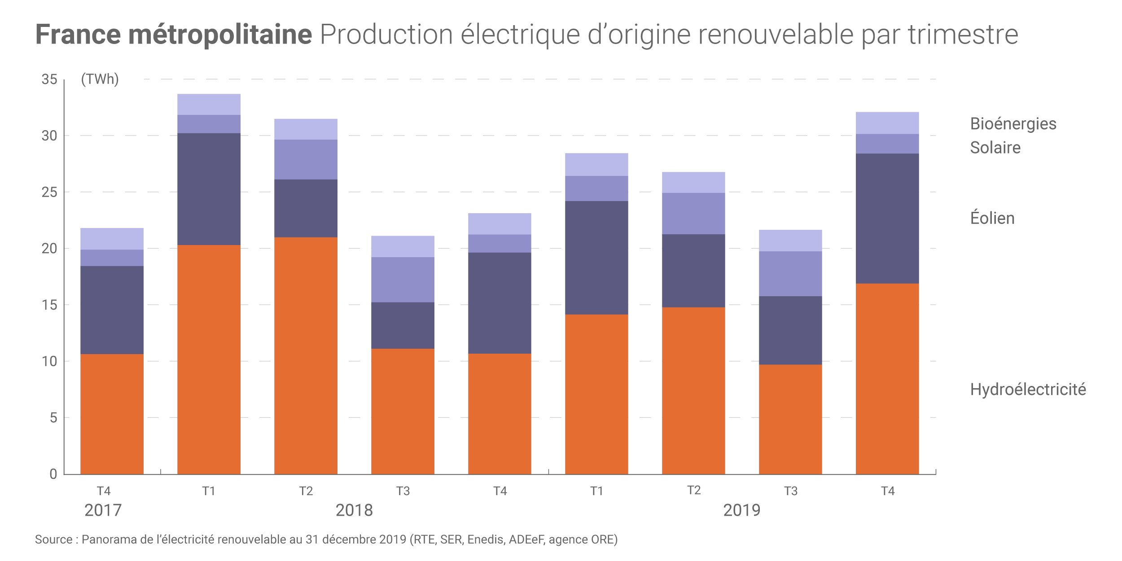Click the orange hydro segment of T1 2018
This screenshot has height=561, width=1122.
pos(209,359)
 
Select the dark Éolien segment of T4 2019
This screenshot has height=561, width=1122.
pos(887,219)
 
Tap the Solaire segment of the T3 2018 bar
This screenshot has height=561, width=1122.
pos(403,280)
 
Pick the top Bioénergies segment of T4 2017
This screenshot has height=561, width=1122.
pos(112,239)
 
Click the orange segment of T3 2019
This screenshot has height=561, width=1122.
pos(790,419)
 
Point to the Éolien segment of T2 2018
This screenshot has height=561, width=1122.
pos(306,208)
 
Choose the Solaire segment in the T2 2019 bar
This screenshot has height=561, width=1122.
pos(693,214)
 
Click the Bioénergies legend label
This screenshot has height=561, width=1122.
pos(1013,124)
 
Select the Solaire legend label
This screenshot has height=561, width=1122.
pos(995,148)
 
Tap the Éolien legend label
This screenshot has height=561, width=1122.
pos(992,218)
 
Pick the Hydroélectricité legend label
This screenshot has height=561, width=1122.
pos(1028,390)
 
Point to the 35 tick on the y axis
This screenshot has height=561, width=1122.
pos(49,79)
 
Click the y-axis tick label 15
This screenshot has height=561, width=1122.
pos(49,305)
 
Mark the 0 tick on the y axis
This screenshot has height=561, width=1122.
pos(53,474)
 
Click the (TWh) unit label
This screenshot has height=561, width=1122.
pos(100,79)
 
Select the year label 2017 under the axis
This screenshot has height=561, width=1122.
pos(103,510)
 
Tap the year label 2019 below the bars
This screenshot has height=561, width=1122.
pos(741,510)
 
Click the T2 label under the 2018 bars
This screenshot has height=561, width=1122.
pos(306,491)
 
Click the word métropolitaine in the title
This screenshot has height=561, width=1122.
pos(220,35)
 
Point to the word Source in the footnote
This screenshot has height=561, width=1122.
pos(53,539)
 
